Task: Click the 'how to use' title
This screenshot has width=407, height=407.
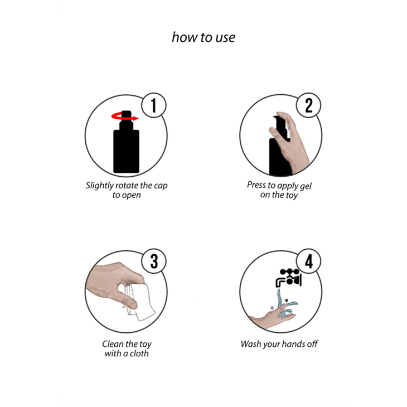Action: click(203, 37)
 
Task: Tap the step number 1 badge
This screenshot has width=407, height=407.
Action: click(154, 105)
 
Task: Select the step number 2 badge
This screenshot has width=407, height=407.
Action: click(309, 105)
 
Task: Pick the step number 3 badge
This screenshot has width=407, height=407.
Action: click(154, 261)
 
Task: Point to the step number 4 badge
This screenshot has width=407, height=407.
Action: click(309, 261)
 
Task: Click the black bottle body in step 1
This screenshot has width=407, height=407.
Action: click(126, 151)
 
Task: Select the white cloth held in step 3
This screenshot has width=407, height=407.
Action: click(140, 302)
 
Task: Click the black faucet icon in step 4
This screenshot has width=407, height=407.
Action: click(289, 278)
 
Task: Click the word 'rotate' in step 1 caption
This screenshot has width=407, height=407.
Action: click(127, 185)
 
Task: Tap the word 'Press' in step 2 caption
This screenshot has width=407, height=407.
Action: click(256, 185)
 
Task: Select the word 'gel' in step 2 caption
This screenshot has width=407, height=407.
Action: click(306, 186)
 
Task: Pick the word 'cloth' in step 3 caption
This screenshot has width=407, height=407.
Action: click(139, 353)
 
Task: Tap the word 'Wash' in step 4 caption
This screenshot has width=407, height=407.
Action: click(251, 344)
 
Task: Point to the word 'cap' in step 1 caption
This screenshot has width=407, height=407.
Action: click(161, 186)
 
